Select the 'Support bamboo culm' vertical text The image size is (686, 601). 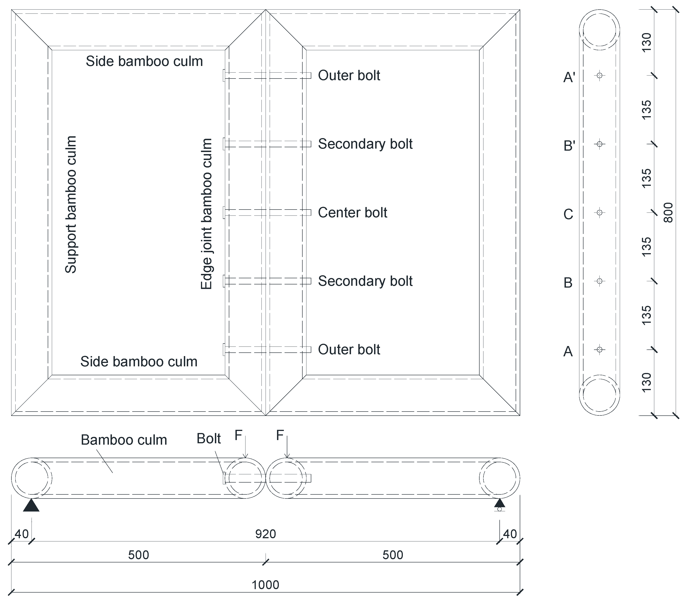71,205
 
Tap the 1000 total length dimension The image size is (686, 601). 265,585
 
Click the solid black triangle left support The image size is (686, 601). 31,505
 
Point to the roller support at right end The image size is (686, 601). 499,505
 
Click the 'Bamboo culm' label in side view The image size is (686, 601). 124,440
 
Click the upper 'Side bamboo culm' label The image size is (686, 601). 144,61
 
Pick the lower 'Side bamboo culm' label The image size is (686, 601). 139,362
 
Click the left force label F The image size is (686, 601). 238,435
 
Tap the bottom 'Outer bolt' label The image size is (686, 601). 349,349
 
